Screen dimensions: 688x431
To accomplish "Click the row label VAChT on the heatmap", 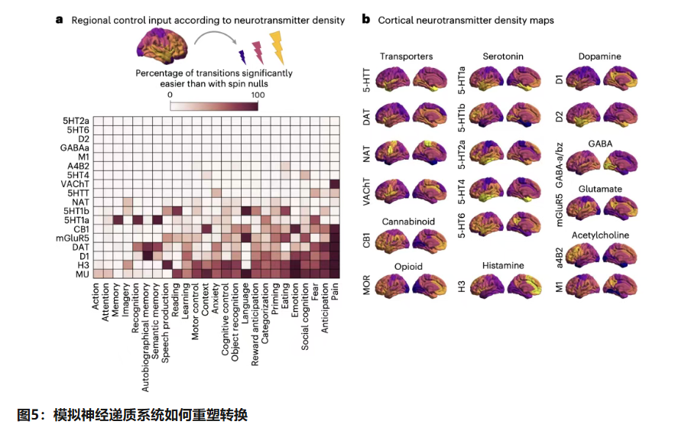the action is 75,184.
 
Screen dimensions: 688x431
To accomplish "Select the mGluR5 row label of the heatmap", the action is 73,238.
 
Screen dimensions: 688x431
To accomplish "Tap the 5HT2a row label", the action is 76,121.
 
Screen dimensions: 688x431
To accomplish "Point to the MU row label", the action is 83,274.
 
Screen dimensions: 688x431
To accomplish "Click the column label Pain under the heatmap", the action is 335,292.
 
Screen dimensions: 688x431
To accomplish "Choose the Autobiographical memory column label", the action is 146,337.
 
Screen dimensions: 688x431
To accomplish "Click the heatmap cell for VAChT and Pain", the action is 335,184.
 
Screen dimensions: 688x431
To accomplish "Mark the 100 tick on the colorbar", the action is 258,96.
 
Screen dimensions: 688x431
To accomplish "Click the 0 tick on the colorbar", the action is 170,96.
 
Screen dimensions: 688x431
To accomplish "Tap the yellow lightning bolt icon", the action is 277,47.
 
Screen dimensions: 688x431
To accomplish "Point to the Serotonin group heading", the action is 503,56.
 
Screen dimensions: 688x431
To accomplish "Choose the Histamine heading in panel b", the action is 503,266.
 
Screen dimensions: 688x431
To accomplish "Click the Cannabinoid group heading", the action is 408,222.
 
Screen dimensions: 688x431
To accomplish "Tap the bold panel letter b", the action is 366,20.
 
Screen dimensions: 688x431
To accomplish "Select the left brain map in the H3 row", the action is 487,287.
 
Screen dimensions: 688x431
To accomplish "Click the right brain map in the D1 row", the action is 620,79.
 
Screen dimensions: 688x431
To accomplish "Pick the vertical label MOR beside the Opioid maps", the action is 367,285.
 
